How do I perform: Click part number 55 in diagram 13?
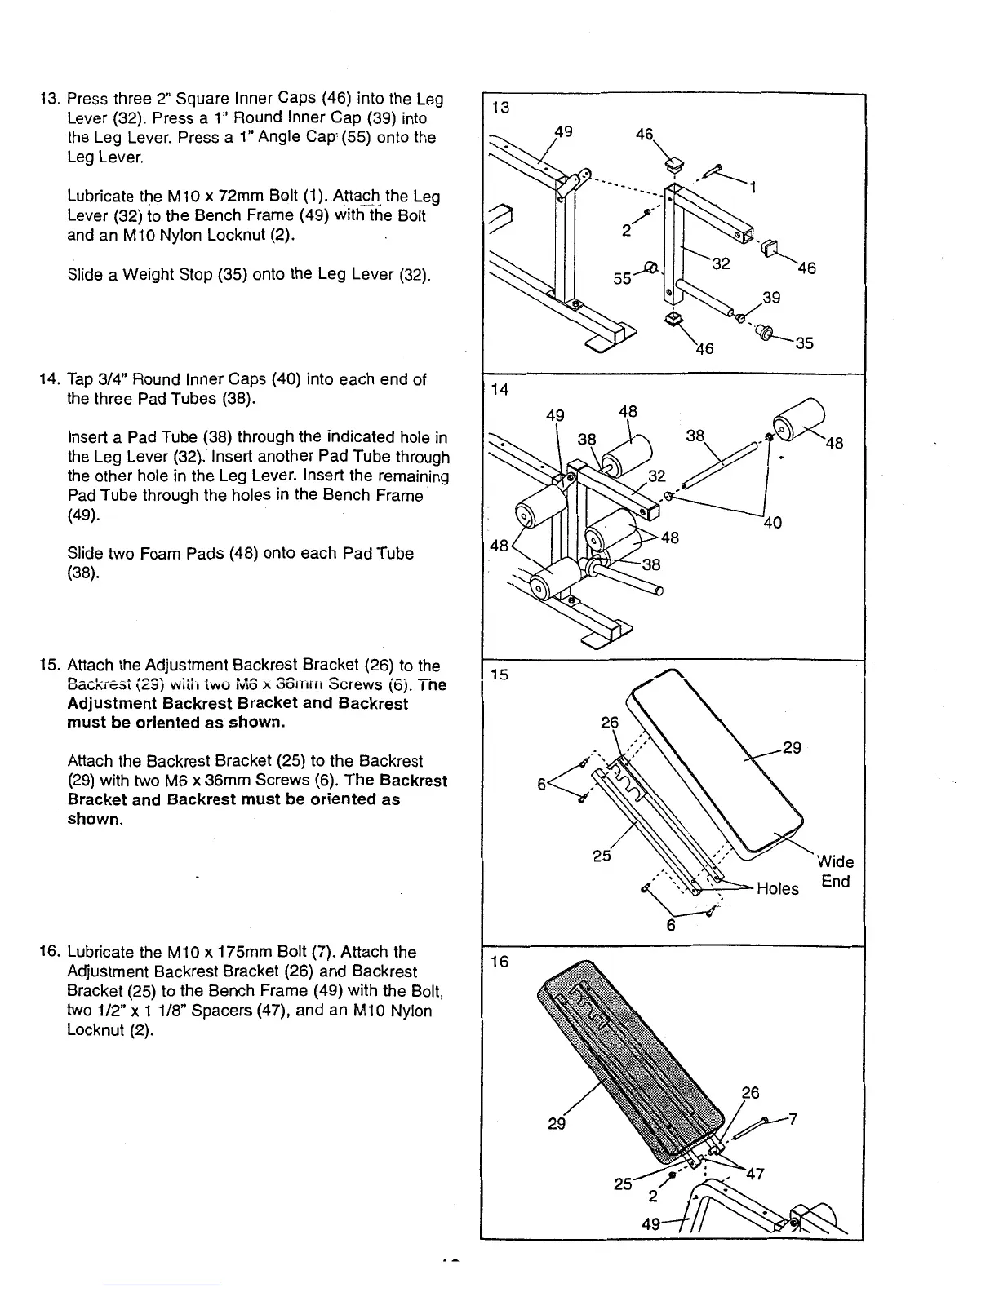coord(622,278)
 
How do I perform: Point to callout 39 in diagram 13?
coord(771,298)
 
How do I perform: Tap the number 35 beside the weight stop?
coord(804,343)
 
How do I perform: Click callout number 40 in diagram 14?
coord(771,522)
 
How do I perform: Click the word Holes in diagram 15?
coord(777,888)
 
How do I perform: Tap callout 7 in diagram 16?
coord(793,1118)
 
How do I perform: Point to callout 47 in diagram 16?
coord(755,1174)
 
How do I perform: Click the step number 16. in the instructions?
coord(51,952)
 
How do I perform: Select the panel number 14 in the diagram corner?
coord(500,390)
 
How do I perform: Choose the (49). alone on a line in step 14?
coord(82,515)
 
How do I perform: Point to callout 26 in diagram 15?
coord(610,723)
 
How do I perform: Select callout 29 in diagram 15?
coord(792,747)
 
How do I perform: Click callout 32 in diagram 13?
coord(720,263)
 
